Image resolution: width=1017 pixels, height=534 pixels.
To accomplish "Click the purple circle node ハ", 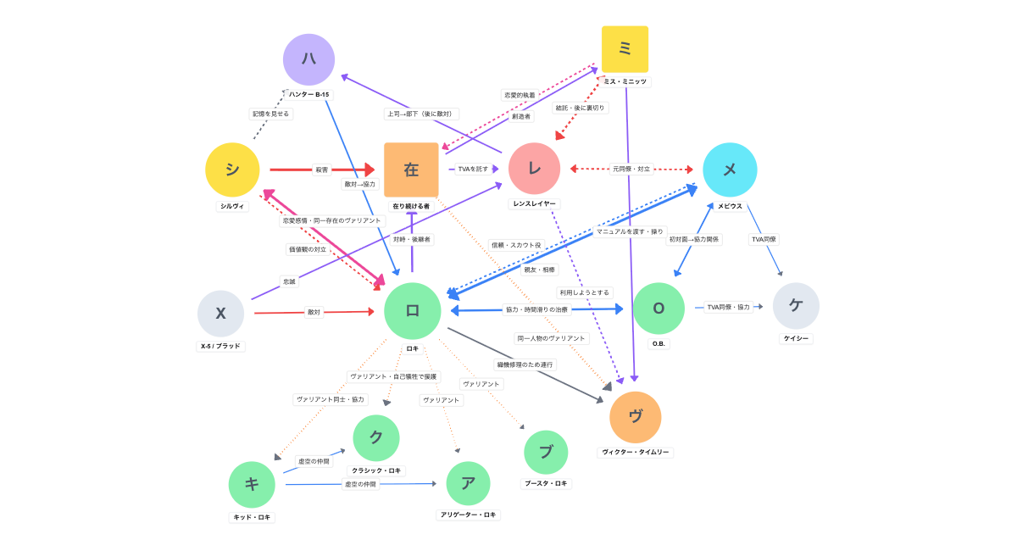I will (x=308, y=59).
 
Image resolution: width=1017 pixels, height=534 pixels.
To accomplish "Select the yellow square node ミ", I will (x=625, y=49).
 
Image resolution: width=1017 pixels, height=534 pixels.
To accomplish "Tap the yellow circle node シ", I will (x=232, y=170).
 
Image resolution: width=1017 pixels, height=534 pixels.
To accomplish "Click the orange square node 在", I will (x=411, y=170).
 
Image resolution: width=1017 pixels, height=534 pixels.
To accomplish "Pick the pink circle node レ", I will (x=535, y=169).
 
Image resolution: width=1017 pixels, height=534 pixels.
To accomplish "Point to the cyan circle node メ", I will (x=730, y=170).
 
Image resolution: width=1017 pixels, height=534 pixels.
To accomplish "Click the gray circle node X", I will (x=220, y=314).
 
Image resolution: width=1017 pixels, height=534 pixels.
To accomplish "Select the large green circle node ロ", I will (x=413, y=311).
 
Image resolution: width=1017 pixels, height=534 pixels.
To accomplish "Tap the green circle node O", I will (x=659, y=308).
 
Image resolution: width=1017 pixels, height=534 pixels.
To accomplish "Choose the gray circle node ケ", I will (x=796, y=306).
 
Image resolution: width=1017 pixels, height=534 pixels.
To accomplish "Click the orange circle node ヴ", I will (x=636, y=417).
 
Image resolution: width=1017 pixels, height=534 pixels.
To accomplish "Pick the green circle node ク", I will (x=376, y=438).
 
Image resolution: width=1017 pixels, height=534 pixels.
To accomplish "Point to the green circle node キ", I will (x=252, y=485).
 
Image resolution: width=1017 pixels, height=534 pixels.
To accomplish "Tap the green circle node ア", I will (x=468, y=484).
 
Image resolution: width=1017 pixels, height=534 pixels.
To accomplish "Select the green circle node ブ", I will (x=546, y=453).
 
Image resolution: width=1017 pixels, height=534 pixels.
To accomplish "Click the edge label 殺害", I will (x=322, y=170).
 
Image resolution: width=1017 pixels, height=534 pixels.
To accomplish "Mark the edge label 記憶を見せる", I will (x=271, y=114).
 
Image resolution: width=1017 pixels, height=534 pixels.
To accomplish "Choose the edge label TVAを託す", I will (x=473, y=169).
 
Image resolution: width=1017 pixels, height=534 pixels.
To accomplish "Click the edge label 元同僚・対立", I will (x=631, y=169).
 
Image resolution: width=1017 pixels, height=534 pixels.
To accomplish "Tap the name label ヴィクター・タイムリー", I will (x=636, y=452).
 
